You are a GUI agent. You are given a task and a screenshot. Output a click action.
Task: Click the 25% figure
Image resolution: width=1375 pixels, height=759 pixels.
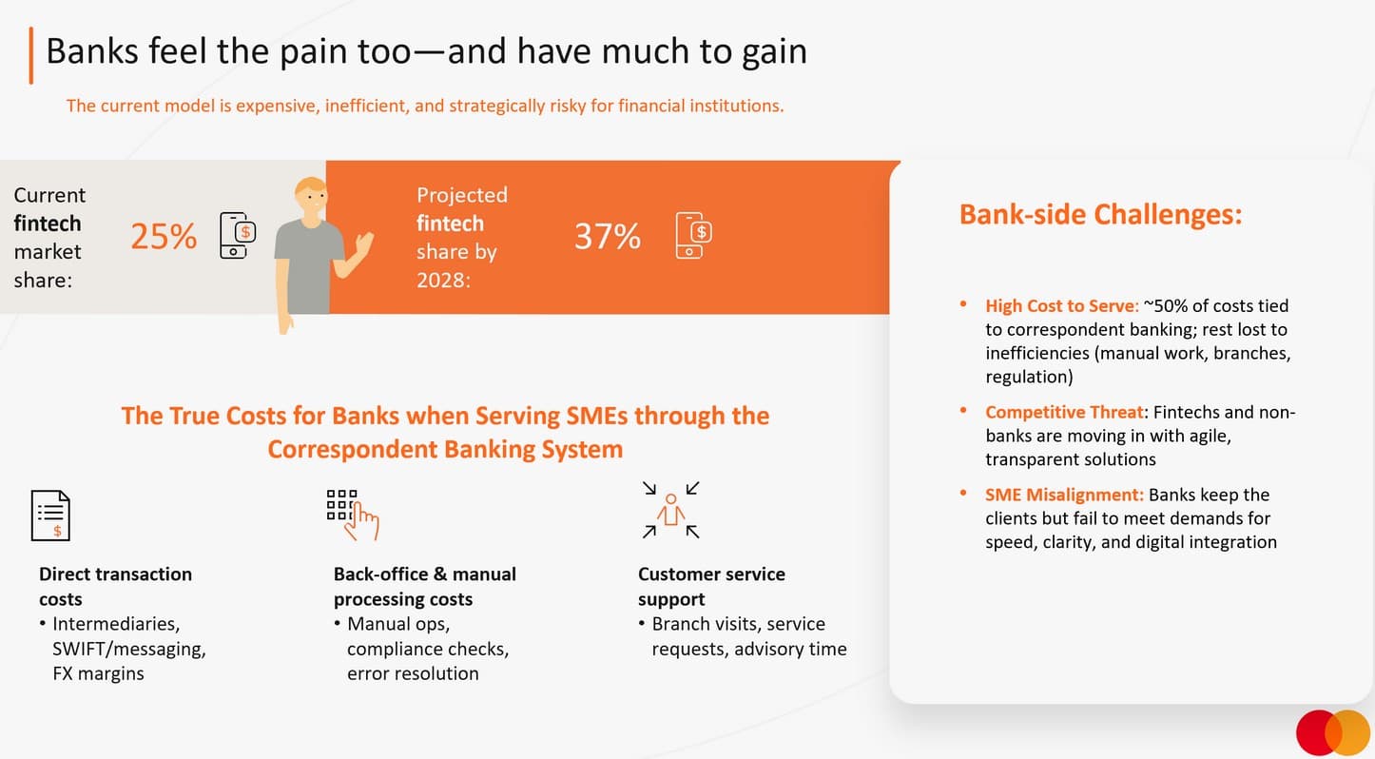(x=164, y=237)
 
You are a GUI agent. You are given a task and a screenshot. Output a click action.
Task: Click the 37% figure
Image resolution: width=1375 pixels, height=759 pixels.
(x=608, y=237)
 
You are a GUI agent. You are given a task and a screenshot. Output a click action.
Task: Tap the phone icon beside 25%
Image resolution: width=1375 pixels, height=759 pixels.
(x=238, y=235)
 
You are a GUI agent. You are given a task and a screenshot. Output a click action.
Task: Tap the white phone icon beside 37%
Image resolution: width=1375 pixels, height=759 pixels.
(x=693, y=235)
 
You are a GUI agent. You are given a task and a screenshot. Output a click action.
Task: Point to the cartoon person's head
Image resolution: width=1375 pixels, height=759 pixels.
(x=311, y=198)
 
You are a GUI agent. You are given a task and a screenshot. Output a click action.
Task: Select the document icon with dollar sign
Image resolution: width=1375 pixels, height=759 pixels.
(x=50, y=516)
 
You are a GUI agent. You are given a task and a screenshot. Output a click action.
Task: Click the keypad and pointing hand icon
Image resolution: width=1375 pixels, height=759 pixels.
(x=353, y=515)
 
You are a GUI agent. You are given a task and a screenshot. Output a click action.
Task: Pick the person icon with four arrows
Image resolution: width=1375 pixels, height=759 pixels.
(x=671, y=511)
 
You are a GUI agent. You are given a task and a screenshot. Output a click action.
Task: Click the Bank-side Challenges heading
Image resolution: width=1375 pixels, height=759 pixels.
(x=1100, y=215)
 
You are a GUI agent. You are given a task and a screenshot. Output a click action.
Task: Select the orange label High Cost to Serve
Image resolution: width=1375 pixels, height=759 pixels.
(x=1062, y=306)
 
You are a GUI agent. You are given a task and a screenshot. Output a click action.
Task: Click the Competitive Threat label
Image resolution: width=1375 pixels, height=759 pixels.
(x=1065, y=412)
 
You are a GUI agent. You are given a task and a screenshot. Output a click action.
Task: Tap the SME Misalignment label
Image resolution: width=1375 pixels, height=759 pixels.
(x=1064, y=495)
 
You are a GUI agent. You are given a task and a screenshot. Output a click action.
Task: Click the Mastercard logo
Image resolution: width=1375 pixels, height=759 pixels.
(x=1333, y=732)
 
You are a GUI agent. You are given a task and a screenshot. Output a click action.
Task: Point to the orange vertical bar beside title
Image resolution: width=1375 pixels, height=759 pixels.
(x=30, y=55)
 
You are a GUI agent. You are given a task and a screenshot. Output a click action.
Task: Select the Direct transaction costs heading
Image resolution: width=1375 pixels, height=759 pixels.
(x=115, y=587)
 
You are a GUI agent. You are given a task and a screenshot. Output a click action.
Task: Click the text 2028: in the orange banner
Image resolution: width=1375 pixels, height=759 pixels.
(x=443, y=281)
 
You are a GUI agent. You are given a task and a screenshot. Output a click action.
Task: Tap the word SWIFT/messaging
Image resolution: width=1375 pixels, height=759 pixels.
(x=129, y=649)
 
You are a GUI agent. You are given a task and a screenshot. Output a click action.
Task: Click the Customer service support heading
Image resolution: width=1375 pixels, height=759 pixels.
(x=711, y=587)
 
